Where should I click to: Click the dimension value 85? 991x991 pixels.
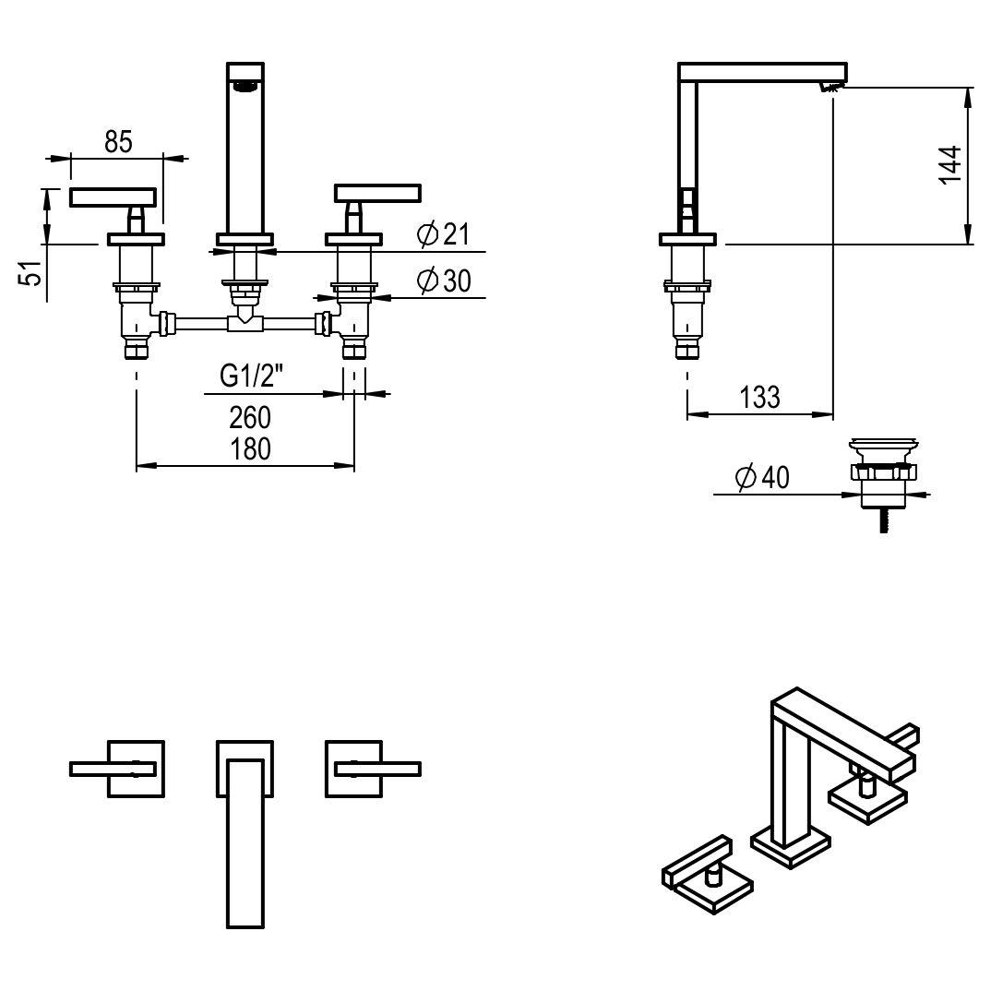(118, 142)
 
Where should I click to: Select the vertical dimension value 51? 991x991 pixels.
(32, 273)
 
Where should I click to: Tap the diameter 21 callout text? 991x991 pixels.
(444, 235)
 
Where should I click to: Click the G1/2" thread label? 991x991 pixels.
(251, 376)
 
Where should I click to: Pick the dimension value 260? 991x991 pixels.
(250, 418)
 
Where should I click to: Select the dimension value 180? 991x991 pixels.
(250, 448)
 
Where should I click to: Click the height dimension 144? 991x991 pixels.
(950, 165)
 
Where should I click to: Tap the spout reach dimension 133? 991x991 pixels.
(759, 398)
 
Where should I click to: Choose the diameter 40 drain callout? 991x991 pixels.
(762, 478)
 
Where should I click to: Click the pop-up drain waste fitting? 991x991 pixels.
(883, 475)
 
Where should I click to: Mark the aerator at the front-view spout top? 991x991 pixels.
(245, 87)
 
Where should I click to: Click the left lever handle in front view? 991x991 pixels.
(113, 197)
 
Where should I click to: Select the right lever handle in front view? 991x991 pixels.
(377, 193)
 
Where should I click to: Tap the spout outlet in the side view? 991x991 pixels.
(830, 88)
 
